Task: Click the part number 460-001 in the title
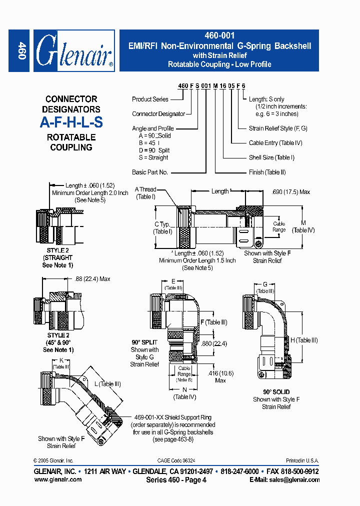click(x=219, y=36)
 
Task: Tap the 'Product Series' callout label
click(x=150, y=99)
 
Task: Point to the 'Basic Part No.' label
click(x=150, y=172)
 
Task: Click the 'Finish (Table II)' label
click(x=267, y=172)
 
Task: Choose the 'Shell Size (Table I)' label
click(x=271, y=157)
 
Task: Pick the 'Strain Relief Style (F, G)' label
click(x=278, y=128)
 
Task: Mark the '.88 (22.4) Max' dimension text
click(x=92, y=279)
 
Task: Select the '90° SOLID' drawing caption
click(x=276, y=392)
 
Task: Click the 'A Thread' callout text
click(x=145, y=189)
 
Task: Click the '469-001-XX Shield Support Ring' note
click(x=173, y=417)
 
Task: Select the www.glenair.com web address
click(x=58, y=479)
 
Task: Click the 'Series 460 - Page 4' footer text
click(x=176, y=480)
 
